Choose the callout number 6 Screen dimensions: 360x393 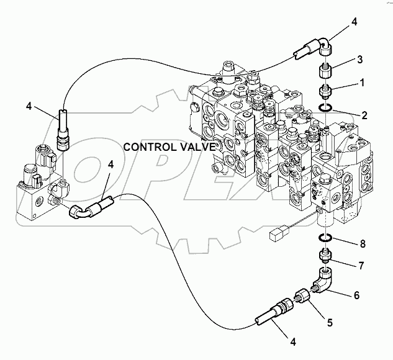click(356, 295)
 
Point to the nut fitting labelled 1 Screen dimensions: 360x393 click(325, 92)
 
